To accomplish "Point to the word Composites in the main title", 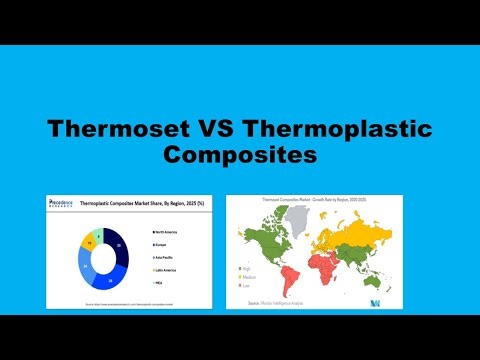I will click(x=239, y=156).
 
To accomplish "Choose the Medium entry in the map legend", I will click(x=245, y=276).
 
